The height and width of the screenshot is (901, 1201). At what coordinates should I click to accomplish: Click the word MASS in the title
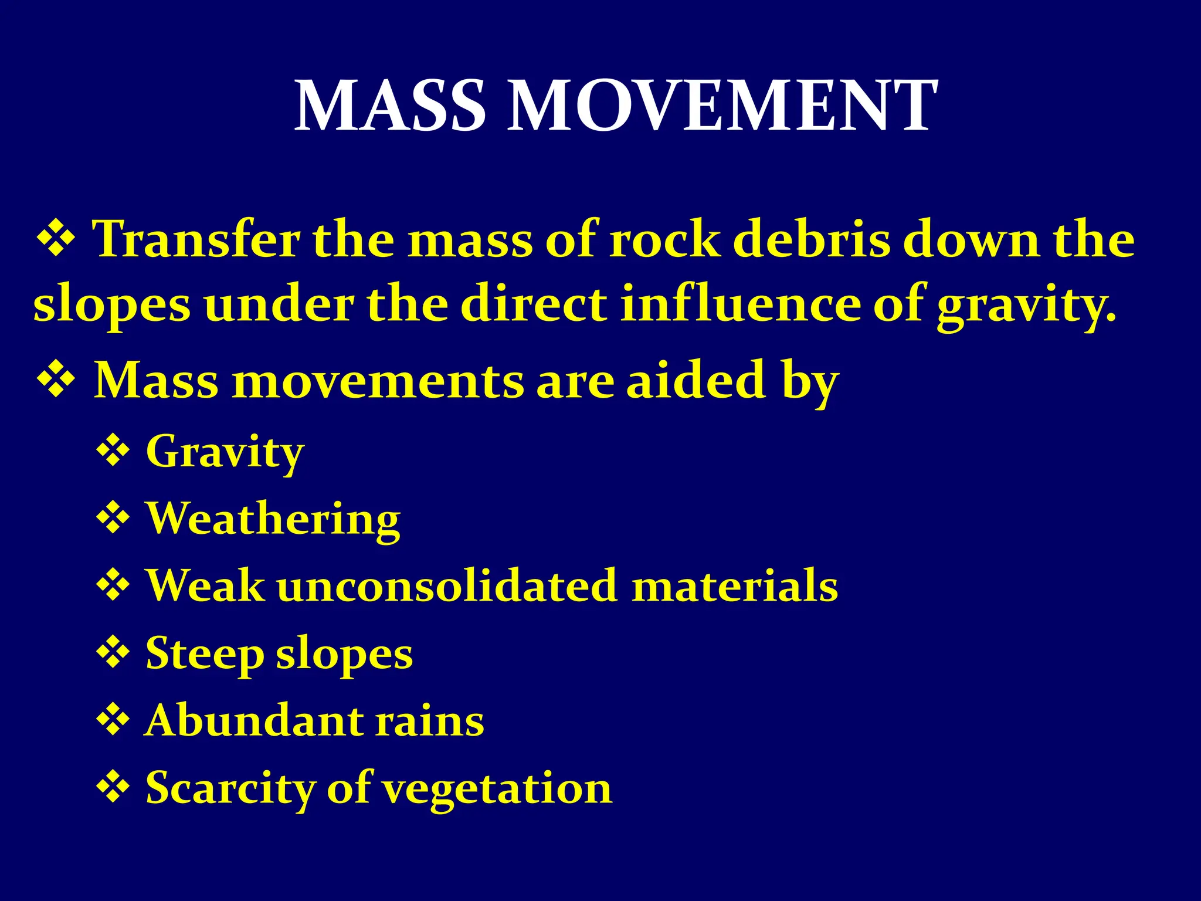(390, 106)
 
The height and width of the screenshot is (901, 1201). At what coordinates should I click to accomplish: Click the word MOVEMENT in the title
(721, 106)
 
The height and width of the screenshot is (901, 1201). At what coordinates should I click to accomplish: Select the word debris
(812, 239)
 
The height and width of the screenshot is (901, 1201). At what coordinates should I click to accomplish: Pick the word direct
(534, 304)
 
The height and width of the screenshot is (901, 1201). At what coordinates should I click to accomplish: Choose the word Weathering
(273, 520)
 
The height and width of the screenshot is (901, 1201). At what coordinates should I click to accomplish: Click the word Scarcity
(229, 788)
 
